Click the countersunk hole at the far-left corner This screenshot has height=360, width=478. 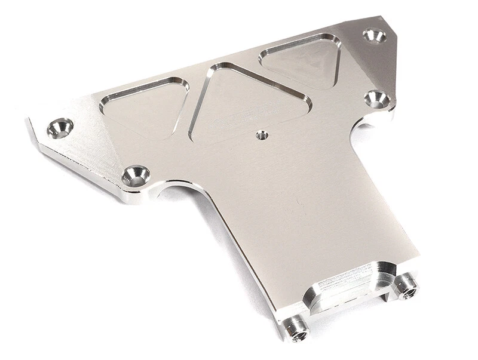tap(60, 127)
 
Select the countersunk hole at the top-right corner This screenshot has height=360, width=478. tap(375, 36)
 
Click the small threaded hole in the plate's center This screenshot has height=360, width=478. tap(261, 135)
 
